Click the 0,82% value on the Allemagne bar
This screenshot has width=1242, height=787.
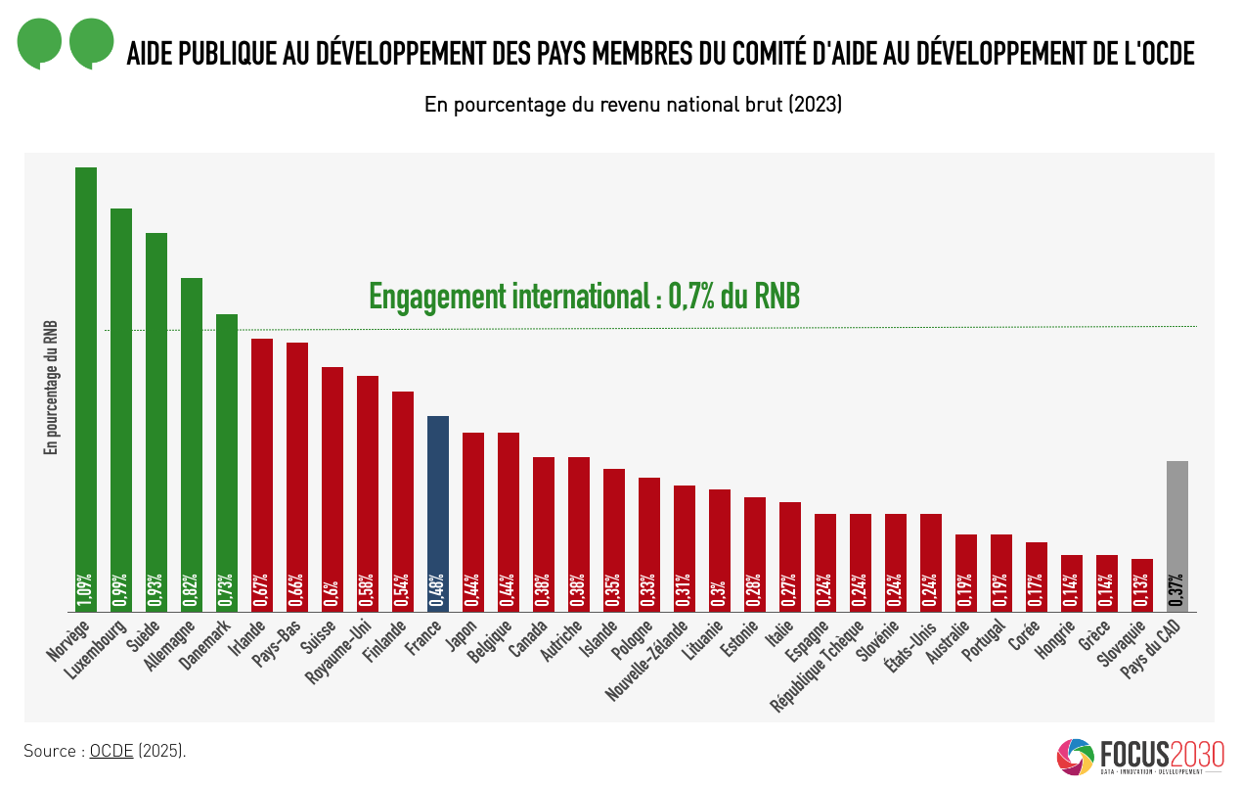point(192,590)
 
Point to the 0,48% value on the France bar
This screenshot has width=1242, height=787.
point(438,590)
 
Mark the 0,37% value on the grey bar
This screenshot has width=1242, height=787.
point(1177,590)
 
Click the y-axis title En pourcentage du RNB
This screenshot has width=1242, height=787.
point(51,388)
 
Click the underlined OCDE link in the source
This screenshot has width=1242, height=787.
point(111,752)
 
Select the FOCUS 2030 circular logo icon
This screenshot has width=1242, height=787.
point(1076,757)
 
